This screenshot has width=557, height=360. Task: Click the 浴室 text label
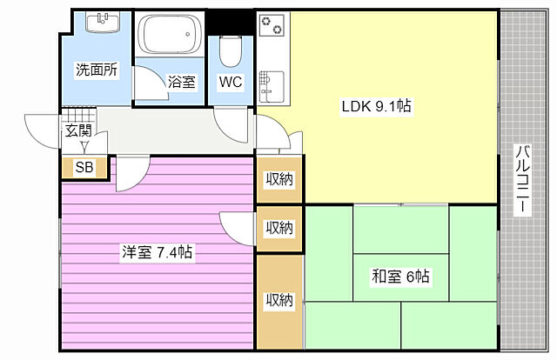tap(182, 83)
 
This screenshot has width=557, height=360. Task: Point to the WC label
tap(231, 83)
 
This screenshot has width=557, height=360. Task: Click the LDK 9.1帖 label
tap(375, 107)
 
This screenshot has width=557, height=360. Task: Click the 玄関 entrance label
tap(77, 131)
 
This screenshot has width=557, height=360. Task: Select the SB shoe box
tap(84, 168)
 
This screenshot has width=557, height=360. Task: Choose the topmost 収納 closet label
tap(279, 179)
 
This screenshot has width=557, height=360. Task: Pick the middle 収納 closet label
tap(279, 228)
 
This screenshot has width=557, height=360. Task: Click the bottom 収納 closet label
tap(279, 300)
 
